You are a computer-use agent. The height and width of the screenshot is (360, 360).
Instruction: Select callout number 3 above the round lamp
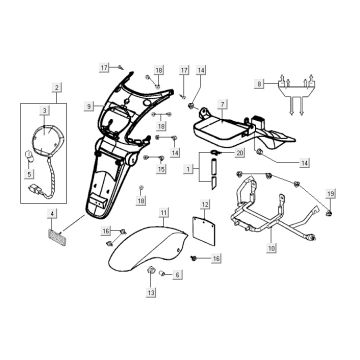[43, 111]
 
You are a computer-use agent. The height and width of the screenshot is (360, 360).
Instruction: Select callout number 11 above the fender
[166, 211]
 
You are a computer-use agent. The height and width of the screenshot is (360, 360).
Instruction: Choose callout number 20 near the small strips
[240, 153]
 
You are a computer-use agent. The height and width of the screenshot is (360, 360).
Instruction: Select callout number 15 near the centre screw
[159, 171]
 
